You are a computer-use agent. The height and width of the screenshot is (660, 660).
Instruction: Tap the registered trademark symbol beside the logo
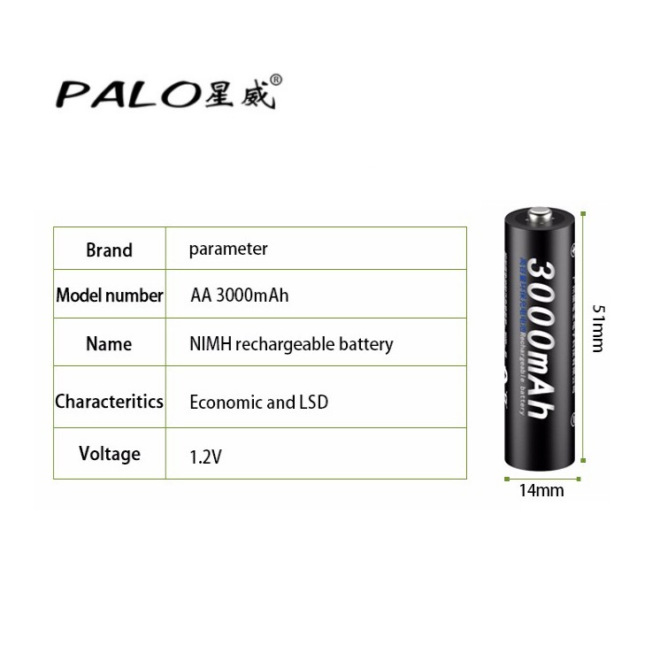(x=275, y=79)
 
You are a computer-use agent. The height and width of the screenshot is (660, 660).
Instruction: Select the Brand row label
(x=109, y=250)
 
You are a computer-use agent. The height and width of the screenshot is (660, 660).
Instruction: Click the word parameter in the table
(x=227, y=249)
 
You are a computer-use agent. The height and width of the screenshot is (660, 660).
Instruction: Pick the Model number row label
(x=109, y=295)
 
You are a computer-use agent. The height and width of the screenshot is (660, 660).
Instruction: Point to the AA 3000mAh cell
(x=239, y=295)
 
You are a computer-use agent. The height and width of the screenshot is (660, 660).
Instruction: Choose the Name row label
(x=109, y=343)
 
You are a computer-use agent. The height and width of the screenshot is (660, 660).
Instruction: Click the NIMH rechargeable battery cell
(x=291, y=344)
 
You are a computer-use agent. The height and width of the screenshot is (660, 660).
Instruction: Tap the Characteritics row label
(x=109, y=401)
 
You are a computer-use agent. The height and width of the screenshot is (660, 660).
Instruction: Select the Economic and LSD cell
(x=258, y=403)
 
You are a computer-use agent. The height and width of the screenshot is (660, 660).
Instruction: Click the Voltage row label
(x=109, y=454)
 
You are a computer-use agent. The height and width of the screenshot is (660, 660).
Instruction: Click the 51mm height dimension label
(x=599, y=328)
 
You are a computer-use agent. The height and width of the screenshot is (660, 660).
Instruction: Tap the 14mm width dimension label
(x=541, y=490)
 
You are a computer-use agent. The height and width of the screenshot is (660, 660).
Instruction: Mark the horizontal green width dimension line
(x=540, y=480)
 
